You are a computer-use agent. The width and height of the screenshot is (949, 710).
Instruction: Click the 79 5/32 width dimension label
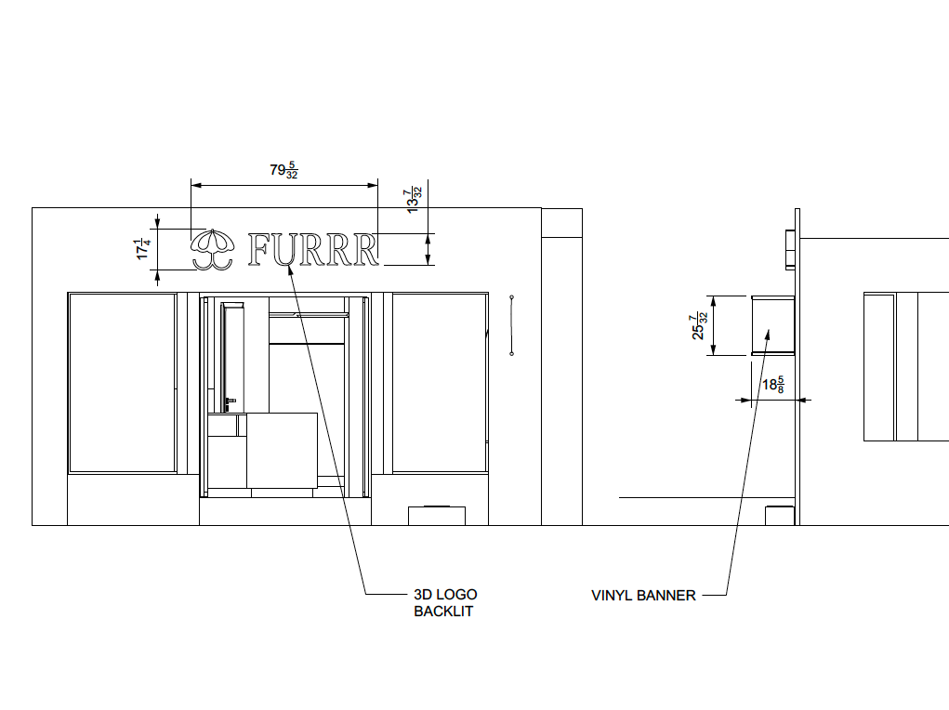pyautogui.click(x=283, y=170)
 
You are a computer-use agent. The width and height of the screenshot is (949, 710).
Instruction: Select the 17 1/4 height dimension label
pyautogui.click(x=143, y=249)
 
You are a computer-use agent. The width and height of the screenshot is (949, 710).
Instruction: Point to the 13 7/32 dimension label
pyautogui.click(x=414, y=201)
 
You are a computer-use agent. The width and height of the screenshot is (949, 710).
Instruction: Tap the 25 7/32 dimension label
pyautogui.click(x=699, y=325)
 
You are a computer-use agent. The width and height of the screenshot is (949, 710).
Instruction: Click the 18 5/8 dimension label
pyautogui.click(x=773, y=385)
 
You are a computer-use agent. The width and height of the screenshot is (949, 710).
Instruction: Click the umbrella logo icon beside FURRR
pyautogui.click(x=212, y=249)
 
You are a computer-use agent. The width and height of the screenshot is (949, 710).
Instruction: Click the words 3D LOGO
pyautogui.click(x=445, y=595)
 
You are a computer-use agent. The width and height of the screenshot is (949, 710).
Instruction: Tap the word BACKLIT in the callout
pyautogui.click(x=443, y=611)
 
